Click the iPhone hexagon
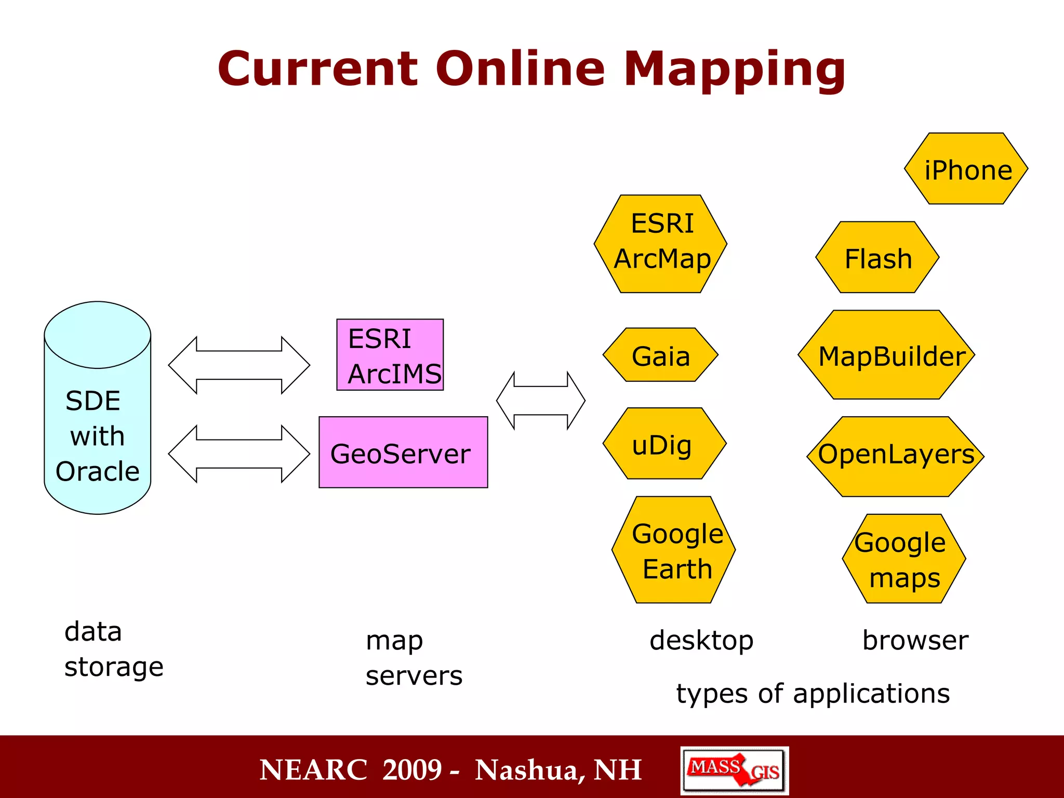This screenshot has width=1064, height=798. coord(966,169)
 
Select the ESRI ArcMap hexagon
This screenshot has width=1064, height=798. coord(660,244)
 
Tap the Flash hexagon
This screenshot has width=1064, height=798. coord(877,258)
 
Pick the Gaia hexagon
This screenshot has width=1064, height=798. coord(660,355)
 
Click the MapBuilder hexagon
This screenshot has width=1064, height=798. coord(886,355)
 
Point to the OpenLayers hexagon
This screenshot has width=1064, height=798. coord(895,456)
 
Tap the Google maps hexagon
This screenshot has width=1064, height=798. coord(904,558)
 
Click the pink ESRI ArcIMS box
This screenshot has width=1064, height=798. coord(390,355)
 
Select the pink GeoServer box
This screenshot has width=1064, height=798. coord(403,452)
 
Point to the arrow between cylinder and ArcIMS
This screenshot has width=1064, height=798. coord(239,365)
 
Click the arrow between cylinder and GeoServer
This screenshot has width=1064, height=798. coord(239,454)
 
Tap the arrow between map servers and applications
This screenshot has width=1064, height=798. coord(541,401)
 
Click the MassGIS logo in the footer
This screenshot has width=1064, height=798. coord(734,770)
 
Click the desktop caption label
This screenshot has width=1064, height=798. coord(701,640)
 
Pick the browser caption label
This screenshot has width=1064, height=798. coord(915,640)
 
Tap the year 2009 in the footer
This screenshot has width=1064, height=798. coord(412,770)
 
